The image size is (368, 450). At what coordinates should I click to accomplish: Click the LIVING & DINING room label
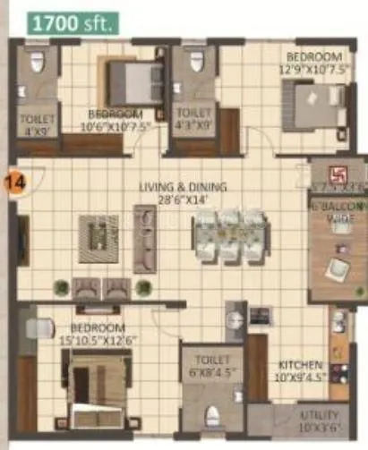click(183, 187)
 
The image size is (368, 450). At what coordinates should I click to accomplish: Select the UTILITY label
click(320, 416)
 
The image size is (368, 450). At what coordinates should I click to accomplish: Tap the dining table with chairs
click(230, 235)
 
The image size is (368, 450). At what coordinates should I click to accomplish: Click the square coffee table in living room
click(98, 239)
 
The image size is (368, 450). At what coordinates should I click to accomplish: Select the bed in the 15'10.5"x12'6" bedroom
click(96, 380)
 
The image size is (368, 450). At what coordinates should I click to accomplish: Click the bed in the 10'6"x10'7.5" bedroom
click(133, 82)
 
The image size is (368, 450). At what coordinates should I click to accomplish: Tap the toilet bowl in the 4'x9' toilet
click(37, 63)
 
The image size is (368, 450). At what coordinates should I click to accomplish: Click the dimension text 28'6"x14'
click(183, 200)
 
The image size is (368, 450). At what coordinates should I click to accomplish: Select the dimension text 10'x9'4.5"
click(298, 378)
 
